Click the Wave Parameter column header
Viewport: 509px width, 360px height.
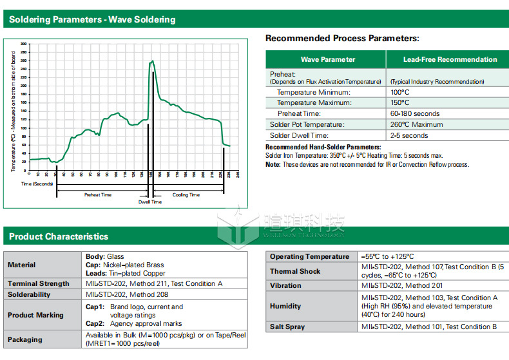[327, 59]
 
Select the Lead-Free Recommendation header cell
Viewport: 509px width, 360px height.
[450, 59]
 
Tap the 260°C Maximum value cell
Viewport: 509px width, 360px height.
[419, 124]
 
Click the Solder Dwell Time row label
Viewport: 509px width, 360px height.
[299, 135]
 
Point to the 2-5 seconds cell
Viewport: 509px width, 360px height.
[408, 135]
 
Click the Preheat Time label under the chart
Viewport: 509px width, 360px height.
[98, 194]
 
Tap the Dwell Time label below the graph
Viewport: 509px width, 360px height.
[150, 202]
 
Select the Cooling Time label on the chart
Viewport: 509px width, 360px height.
[186, 194]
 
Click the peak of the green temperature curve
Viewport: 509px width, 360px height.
[152, 61]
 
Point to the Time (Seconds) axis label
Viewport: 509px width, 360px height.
[36, 184]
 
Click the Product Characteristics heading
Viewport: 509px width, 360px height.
[59, 236]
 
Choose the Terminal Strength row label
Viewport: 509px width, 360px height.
[39, 283]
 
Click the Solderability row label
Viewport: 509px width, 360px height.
[29, 294]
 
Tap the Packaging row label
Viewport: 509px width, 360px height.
[25, 339]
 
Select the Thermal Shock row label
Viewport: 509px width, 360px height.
[295, 271]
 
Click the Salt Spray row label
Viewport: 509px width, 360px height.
[287, 327]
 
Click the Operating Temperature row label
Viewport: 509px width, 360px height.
[309, 256]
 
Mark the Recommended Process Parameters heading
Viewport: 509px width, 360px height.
[342, 39]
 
